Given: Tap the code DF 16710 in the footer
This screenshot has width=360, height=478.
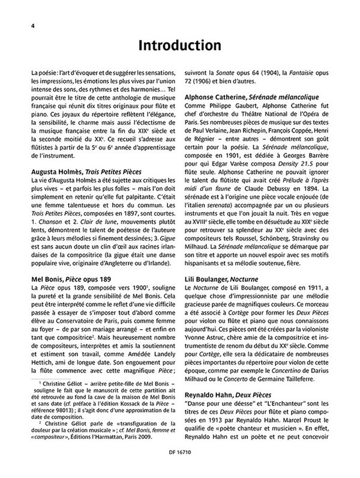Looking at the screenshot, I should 179,469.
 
